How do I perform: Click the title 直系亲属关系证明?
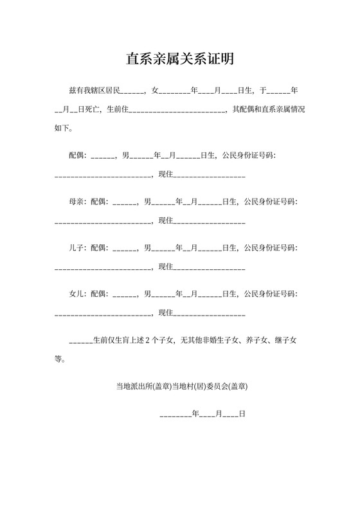click(179, 60)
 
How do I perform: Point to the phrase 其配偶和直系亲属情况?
click(268, 109)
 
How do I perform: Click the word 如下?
click(64, 127)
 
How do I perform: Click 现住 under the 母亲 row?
click(165, 220)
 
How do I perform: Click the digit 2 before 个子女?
click(147, 341)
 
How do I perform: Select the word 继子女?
click(285, 341)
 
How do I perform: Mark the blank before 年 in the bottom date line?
click(175, 415)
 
